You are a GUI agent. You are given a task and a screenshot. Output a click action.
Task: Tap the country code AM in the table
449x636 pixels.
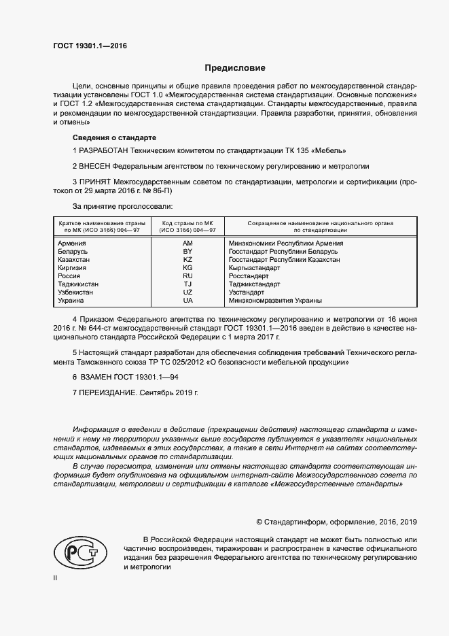pos(188,243)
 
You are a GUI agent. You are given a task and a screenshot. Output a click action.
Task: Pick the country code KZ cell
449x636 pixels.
pos(188,260)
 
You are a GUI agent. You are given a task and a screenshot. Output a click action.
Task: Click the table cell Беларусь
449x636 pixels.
pos(73,252)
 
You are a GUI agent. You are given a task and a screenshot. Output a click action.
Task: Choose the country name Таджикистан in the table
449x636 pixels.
pos(78,284)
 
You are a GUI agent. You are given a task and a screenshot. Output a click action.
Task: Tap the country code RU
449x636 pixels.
pos(188,276)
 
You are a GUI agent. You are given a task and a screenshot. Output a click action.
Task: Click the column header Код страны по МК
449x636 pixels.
pos(187,223)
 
